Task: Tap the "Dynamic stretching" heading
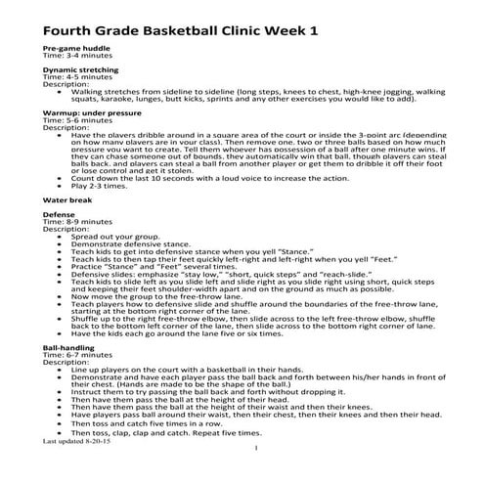click(78, 70)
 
